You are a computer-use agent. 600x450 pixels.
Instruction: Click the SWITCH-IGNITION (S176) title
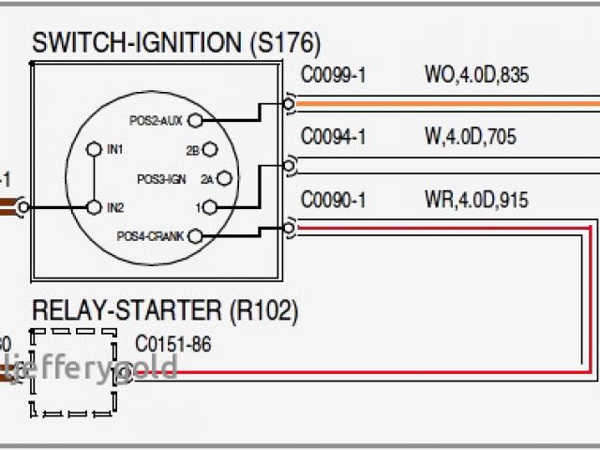[176, 42]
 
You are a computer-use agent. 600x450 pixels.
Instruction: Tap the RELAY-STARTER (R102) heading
[165, 310]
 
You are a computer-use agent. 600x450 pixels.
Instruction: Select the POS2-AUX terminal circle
[208, 120]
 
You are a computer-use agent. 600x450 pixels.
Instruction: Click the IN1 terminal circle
[93, 149]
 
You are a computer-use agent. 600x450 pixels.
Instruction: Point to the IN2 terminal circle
[93, 206]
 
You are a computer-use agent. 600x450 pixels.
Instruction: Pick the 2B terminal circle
[209, 150]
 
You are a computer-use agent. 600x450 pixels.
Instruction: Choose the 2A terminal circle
[225, 178]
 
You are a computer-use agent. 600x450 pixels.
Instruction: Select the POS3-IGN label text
[164, 178]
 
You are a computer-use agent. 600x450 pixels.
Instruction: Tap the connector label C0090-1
[333, 200]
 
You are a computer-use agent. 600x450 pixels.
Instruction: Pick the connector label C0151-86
[173, 344]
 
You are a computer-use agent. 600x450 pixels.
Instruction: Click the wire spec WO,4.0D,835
[476, 75]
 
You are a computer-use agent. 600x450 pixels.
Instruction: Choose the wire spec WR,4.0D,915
[475, 200]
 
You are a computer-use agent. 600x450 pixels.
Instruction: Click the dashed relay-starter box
[74, 372]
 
